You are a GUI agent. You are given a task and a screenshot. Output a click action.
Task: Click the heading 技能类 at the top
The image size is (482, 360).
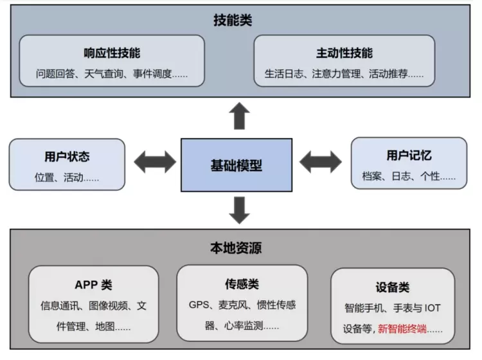coord(233,21)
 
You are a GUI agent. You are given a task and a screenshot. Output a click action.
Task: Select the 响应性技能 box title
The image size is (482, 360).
coord(112,53)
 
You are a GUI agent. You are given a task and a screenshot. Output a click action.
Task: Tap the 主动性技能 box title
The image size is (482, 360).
coord(344,53)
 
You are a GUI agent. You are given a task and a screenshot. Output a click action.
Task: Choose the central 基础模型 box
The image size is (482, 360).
coord(237,165)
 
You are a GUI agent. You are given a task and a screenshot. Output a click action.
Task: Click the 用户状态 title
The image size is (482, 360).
coord(67,156)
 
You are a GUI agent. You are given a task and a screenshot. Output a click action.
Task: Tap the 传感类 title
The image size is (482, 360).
coord(242,283)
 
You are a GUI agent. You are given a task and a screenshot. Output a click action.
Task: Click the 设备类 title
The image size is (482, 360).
coord(392,287)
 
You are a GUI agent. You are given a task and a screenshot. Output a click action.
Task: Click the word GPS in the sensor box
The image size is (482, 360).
coord(199,305)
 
